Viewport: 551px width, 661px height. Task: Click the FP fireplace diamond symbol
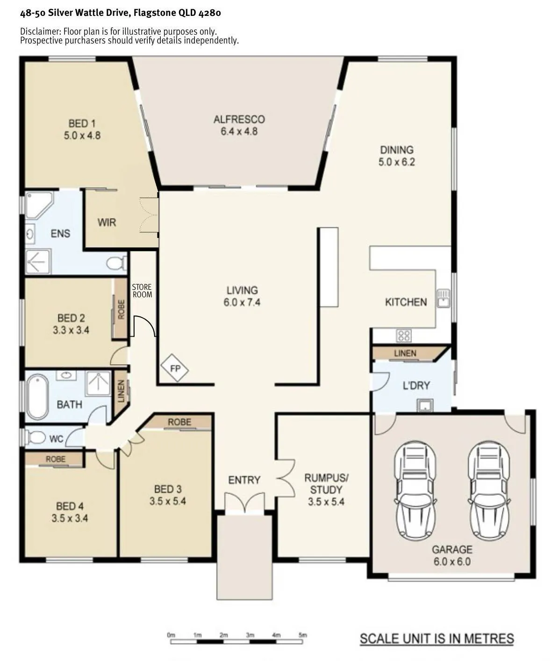point(175,368)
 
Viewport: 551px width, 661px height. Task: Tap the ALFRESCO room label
point(239,119)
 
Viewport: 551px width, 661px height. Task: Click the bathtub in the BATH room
point(37,397)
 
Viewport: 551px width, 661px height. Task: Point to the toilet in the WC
point(35,438)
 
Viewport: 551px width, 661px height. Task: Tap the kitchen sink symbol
point(444,298)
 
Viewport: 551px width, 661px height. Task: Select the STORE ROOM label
point(142,291)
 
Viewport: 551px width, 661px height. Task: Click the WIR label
point(107,222)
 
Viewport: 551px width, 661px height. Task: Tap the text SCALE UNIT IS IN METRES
point(437,639)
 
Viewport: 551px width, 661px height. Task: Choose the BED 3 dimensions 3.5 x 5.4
point(168,501)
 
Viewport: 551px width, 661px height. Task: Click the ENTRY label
point(244,480)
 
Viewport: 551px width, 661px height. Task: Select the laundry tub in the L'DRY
point(425,405)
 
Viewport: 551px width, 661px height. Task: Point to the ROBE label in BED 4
point(56,459)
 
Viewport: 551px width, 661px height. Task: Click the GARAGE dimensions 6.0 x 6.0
point(452,561)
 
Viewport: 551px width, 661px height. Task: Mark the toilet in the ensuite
point(116,263)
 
